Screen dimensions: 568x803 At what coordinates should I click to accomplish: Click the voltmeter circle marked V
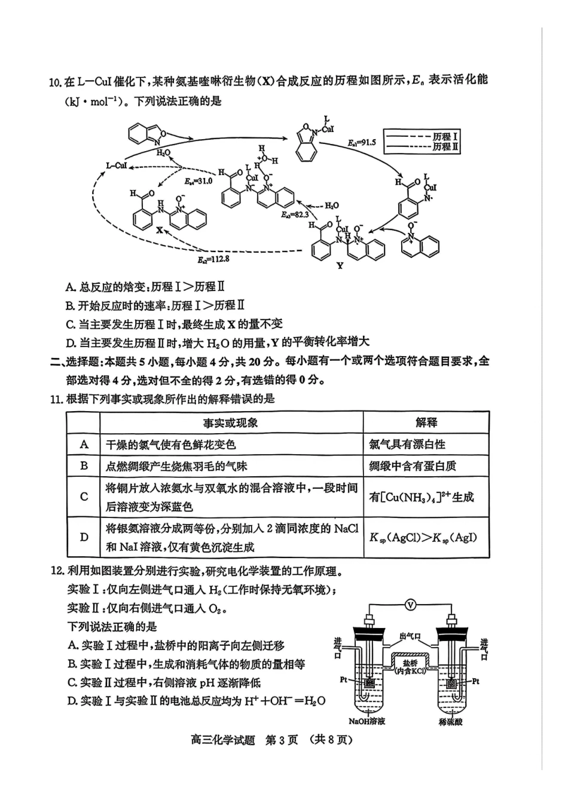410,605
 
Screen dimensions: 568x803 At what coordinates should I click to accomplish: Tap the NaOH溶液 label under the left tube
367,721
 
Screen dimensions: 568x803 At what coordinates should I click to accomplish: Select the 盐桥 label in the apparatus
410,663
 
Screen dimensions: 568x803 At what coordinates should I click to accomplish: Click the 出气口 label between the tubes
410,637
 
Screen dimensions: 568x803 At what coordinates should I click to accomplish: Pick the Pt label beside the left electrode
344,679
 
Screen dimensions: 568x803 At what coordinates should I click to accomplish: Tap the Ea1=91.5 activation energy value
362,143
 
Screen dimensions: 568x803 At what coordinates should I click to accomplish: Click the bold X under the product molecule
159,229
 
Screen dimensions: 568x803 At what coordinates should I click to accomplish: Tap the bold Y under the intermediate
340,265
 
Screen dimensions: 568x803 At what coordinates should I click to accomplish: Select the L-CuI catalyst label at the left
117,165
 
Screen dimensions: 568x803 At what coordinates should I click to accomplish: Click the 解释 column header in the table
426,422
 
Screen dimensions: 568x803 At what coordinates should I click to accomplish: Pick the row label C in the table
84,496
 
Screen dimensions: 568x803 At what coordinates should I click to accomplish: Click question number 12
57,571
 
